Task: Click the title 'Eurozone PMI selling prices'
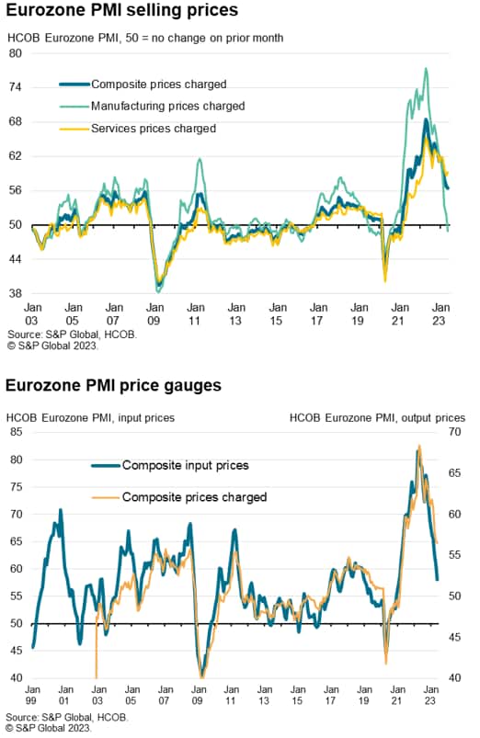tap(122, 10)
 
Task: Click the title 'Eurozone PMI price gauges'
tap(113, 385)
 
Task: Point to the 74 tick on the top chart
tap(16, 87)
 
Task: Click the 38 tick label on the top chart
tap(16, 293)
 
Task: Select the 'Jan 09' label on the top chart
tap(154, 314)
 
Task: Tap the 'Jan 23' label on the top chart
tap(440, 314)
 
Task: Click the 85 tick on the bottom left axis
tap(16, 432)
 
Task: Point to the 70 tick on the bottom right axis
tap(454, 432)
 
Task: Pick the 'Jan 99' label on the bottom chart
tap(32, 695)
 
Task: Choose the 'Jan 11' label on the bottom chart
tap(231, 695)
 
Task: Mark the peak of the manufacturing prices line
tap(427, 69)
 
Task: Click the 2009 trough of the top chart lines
tap(158, 290)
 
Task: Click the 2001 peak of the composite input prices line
tap(61, 510)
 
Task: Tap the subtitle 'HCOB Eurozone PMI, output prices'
tap(377, 418)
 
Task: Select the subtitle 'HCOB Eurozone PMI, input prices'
tap(90, 418)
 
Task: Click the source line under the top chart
tap(72, 335)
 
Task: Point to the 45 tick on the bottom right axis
tap(454, 637)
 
